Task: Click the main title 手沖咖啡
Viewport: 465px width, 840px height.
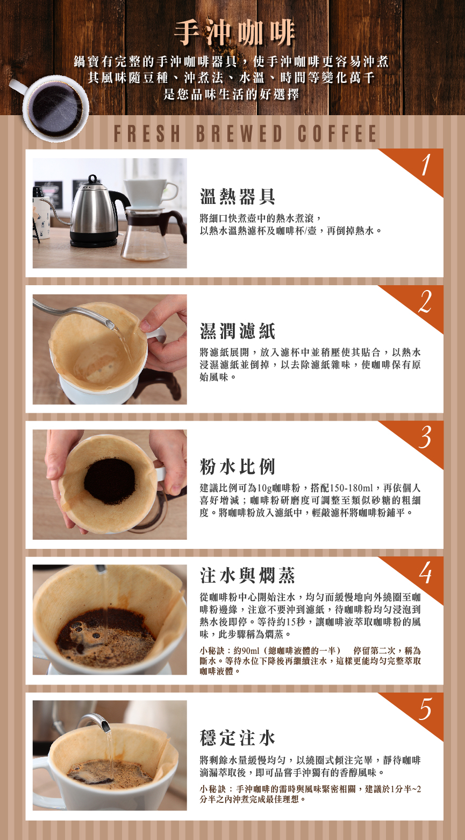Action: (x=234, y=33)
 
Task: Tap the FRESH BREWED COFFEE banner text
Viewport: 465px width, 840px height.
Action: (x=245, y=134)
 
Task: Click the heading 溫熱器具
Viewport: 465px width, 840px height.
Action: (x=238, y=197)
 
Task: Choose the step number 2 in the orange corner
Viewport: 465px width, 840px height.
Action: (x=425, y=302)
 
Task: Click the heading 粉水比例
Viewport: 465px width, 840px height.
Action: (x=238, y=467)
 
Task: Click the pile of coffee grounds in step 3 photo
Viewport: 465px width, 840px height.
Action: (x=110, y=481)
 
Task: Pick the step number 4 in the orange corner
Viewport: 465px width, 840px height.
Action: (x=425, y=574)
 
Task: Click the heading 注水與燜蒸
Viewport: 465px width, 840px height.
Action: (x=248, y=576)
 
